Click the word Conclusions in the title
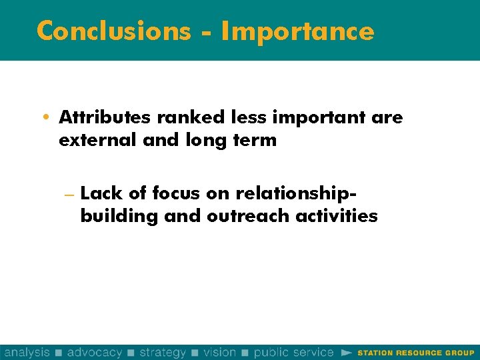pos(113,31)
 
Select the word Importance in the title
pos(297,31)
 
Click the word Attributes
pos(105,117)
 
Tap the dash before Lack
pos(68,194)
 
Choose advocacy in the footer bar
pos(95,352)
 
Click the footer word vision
pos(219,352)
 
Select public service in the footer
pos(294,352)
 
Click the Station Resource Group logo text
pos(416,353)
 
